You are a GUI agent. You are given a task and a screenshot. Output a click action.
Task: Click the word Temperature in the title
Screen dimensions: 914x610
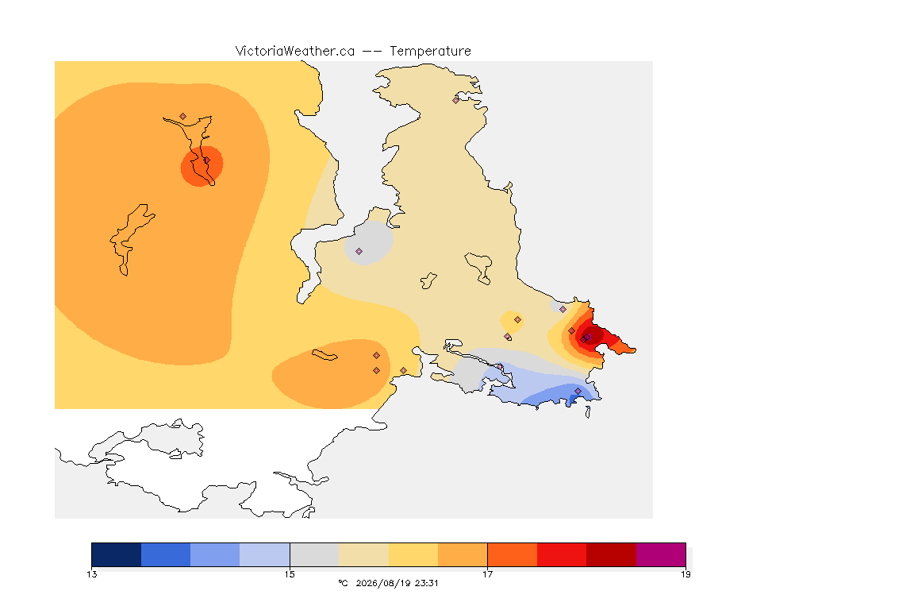(x=430, y=52)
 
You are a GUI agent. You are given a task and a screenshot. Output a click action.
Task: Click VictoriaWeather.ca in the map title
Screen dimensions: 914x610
(x=295, y=51)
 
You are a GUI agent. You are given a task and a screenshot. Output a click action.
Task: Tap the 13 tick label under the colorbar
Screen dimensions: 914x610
(x=91, y=574)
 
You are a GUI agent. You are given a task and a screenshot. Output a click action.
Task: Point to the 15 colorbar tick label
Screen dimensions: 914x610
(x=290, y=574)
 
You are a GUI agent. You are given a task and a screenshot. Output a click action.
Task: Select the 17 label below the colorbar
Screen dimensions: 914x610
(x=487, y=574)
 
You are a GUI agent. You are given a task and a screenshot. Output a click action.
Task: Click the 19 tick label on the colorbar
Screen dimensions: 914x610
(x=685, y=574)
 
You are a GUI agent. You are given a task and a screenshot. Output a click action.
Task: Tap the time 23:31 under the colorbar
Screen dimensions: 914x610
(x=427, y=583)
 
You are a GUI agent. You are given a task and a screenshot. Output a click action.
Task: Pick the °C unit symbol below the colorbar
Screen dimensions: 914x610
(x=343, y=583)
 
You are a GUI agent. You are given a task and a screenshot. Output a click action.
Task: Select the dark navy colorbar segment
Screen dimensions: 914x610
(x=117, y=554)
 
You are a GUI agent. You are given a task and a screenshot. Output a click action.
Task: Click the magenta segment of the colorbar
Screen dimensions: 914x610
(x=660, y=554)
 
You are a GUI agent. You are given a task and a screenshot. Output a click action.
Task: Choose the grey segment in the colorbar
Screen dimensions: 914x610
(x=314, y=554)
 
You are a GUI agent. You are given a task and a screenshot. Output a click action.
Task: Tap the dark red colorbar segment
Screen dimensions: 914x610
(x=611, y=554)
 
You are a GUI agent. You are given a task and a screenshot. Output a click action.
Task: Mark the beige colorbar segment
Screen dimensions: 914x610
(x=363, y=554)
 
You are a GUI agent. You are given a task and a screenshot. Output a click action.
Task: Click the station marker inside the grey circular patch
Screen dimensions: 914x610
(x=359, y=252)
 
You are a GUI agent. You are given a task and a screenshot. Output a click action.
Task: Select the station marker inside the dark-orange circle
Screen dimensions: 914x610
(x=206, y=160)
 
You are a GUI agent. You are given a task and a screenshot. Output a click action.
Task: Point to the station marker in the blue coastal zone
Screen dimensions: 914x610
(x=578, y=391)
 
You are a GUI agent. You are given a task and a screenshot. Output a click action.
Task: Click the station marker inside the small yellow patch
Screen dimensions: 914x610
(x=517, y=320)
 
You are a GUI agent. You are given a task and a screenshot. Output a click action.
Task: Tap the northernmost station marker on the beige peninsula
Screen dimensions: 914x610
(x=456, y=100)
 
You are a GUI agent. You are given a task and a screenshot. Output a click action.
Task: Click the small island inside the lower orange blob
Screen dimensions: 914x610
(x=325, y=355)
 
